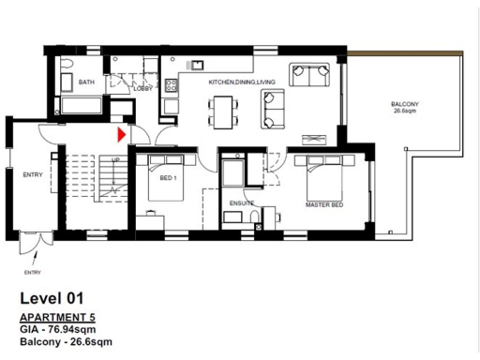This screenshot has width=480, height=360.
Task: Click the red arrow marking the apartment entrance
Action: pyautogui.click(x=121, y=134)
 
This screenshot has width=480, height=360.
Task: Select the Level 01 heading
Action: pyautogui.click(x=58, y=299)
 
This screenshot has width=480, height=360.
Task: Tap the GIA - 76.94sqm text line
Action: pyautogui.click(x=64, y=330)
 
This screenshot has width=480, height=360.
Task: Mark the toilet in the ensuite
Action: pyautogui.click(x=257, y=220)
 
